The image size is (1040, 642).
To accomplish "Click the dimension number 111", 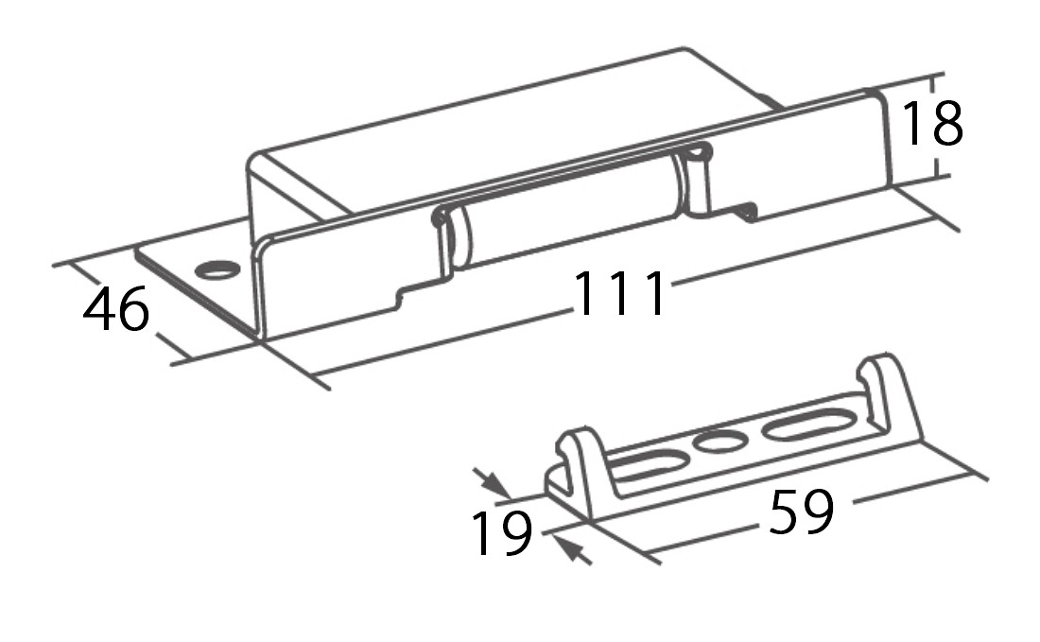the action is coord(619,292).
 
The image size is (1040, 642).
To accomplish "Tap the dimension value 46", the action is coord(116,308).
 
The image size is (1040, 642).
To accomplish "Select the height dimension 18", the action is coord(932,123).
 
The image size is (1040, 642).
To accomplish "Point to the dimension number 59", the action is coord(801,512).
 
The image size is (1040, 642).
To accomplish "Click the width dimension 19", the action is coord(501,532).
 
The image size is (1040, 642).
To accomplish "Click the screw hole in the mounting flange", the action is coord(217,269).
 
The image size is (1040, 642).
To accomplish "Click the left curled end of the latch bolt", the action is coord(450,238).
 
